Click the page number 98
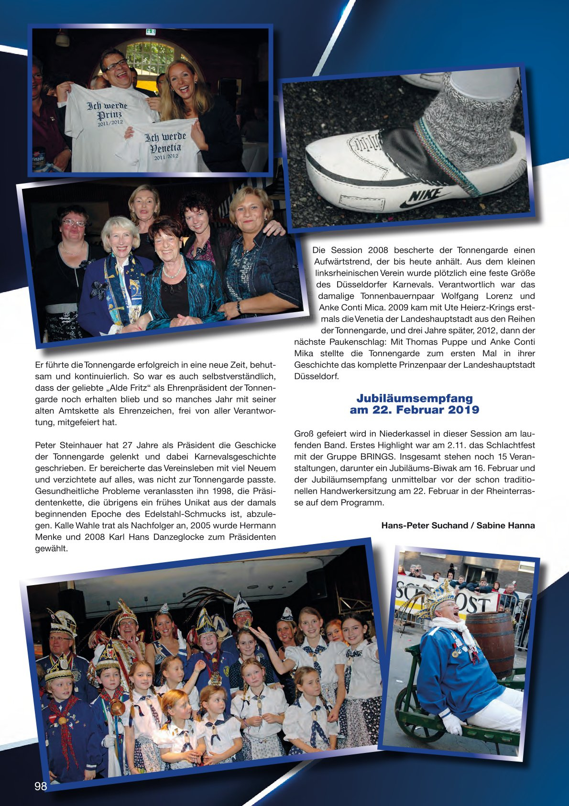(x=41, y=786)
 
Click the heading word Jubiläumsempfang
(x=414, y=398)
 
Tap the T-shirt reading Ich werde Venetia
(x=165, y=146)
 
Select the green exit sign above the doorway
(x=151, y=32)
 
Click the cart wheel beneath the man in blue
(x=412, y=712)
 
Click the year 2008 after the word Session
(x=378, y=250)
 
